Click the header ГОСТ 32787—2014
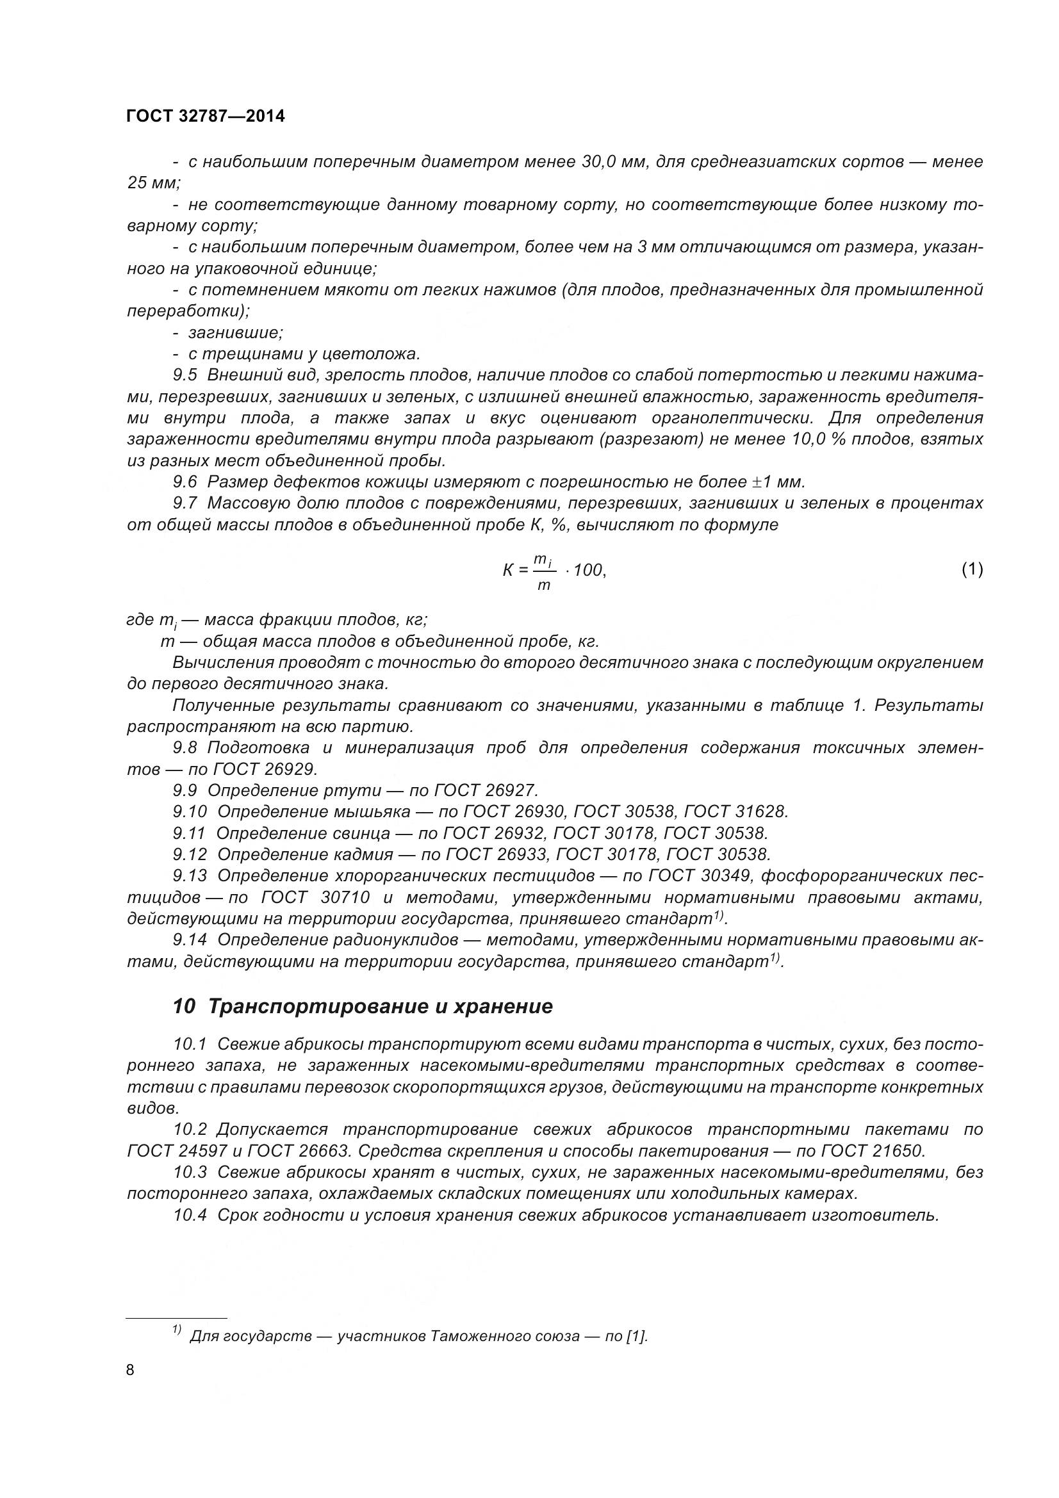pyautogui.click(x=206, y=117)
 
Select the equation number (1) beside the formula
pyautogui.click(x=972, y=569)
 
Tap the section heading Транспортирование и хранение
pyautogui.click(x=380, y=1006)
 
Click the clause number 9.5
pyautogui.click(x=185, y=375)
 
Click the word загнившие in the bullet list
pyautogui.click(x=235, y=333)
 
